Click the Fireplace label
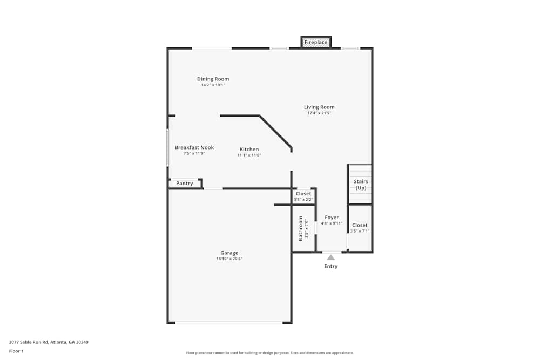tap(316, 42)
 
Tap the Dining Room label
tap(213, 79)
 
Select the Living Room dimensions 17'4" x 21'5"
tap(319, 113)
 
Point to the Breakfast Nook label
tap(194, 147)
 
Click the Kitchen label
tap(249, 149)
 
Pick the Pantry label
tap(185, 184)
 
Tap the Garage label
tap(229, 253)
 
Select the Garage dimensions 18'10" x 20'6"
tap(229, 259)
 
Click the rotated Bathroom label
tap(301, 228)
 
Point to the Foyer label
tap(332, 218)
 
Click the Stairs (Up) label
tap(361, 185)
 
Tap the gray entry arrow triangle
tap(330, 257)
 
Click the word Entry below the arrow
tap(330, 266)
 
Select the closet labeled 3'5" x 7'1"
tap(360, 228)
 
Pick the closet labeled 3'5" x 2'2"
tap(303, 196)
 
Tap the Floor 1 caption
tap(16, 351)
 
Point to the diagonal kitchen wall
tap(275, 131)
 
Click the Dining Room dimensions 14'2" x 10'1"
tap(213, 85)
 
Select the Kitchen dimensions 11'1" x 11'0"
tap(249, 155)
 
